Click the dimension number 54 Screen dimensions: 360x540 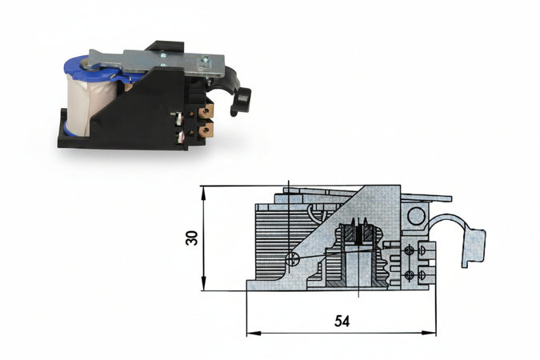pyautogui.click(x=341, y=321)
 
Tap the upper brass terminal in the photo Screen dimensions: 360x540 pyautogui.click(x=206, y=112)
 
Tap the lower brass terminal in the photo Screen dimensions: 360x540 pyautogui.click(x=206, y=128)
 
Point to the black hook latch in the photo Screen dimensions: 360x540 pyautogui.click(x=238, y=97)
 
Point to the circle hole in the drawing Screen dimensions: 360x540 pyautogui.click(x=415, y=214)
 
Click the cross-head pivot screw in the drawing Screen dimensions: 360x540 pyautogui.click(x=294, y=258)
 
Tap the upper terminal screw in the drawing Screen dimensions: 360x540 pyautogui.click(x=410, y=251)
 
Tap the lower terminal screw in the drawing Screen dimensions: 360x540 pyautogui.click(x=410, y=274)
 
